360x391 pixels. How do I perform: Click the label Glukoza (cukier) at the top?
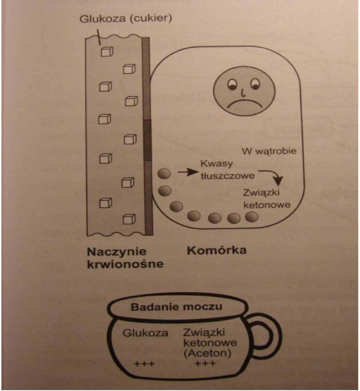tap(126, 19)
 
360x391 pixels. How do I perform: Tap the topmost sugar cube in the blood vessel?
tap(107, 52)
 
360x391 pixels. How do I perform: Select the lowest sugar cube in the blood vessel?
tap(129, 219)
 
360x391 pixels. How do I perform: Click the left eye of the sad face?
tap(232, 84)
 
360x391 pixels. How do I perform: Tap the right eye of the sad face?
tap(255, 84)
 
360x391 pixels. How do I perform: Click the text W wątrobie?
tap(269, 151)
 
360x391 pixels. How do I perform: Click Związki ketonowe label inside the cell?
tap(267, 199)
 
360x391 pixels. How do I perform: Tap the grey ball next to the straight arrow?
tap(164, 174)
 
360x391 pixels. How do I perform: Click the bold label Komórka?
tap(217, 250)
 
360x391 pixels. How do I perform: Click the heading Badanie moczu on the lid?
tap(176, 307)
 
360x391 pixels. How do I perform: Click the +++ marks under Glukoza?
tap(145, 364)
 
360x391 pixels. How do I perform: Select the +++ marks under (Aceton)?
tap(205, 363)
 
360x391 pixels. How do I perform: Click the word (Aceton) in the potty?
tap(207, 354)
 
